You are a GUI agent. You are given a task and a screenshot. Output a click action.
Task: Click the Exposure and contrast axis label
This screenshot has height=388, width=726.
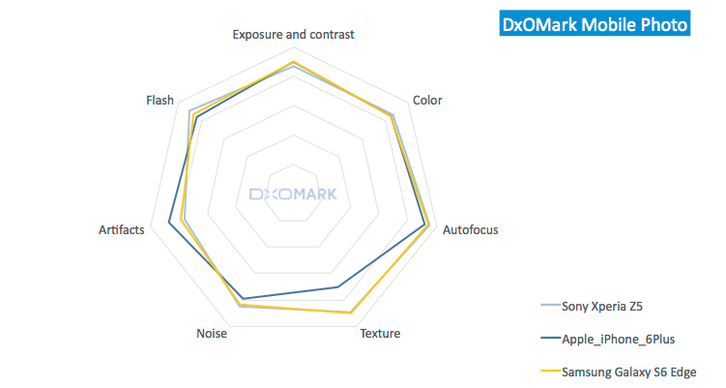point(293,34)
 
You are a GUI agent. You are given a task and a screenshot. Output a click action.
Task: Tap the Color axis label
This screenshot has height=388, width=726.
point(426,100)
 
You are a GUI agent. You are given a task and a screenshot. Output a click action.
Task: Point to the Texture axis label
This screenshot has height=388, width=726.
point(380,334)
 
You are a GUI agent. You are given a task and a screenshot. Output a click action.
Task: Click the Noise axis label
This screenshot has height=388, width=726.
point(211,334)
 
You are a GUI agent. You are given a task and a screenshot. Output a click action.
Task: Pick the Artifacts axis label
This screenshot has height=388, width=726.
point(122,229)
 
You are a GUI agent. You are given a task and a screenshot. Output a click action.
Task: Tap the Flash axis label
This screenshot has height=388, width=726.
point(160,100)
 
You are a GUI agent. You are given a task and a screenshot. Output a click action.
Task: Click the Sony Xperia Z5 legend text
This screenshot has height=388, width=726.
point(601,306)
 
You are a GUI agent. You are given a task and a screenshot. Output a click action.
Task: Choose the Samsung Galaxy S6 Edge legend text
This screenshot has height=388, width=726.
point(628,372)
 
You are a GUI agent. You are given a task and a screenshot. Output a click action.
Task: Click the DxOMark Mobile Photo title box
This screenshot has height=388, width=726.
point(595,23)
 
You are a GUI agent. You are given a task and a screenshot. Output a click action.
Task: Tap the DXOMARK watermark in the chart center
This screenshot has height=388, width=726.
point(293,194)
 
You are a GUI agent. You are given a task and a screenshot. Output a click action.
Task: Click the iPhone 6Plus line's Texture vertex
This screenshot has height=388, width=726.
point(337,287)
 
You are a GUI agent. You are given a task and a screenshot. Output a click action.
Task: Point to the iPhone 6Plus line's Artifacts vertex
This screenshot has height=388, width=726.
point(169,224)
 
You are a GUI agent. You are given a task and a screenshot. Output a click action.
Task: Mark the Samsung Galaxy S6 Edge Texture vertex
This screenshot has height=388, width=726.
point(350,313)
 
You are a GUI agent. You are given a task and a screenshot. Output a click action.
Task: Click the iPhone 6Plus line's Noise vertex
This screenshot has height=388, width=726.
point(243,298)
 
